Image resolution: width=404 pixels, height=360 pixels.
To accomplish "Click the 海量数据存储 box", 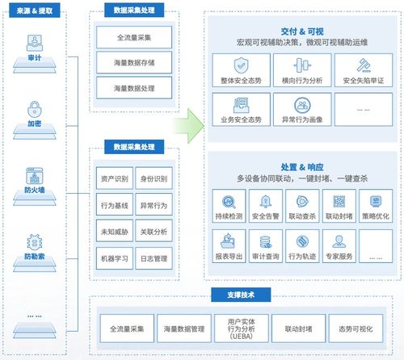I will (136, 61).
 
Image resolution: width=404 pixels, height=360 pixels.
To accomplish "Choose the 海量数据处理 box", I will (136, 85).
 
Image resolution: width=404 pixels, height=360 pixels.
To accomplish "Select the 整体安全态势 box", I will (239, 70).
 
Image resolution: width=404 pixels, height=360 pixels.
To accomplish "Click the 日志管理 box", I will (154, 259).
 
